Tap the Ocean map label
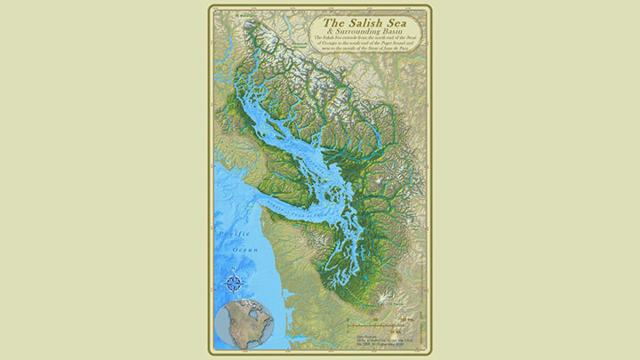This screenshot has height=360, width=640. pyautogui.click(x=246, y=250)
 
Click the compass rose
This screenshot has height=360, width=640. pyautogui.click(x=234, y=284)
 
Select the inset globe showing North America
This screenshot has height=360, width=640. pyautogui.click(x=245, y=324)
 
